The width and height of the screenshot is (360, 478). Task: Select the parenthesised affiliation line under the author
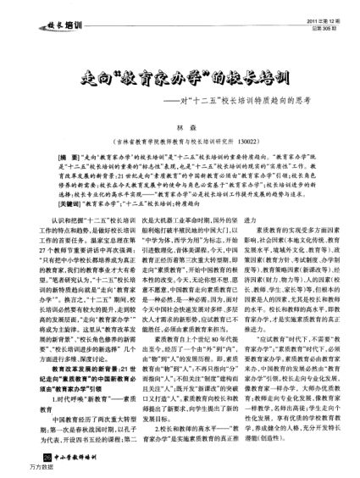click(180, 143)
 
